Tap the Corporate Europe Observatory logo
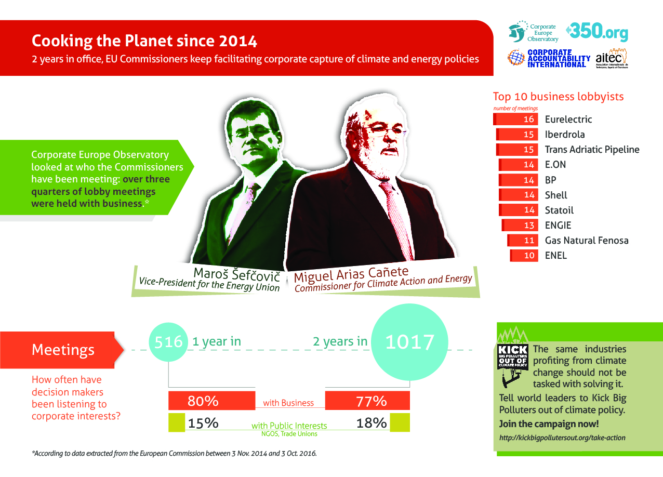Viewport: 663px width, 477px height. pyautogui.click(x=533, y=32)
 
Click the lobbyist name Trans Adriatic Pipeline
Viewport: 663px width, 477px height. pyautogui.click(x=592, y=150)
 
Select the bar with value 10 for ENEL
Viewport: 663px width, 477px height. pyautogui.click(x=524, y=256)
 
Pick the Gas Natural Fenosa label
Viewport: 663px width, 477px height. pyautogui.click(x=586, y=240)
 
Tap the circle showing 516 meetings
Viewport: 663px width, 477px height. pyautogui.click(x=167, y=341)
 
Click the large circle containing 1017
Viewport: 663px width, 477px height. pyautogui.click(x=409, y=342)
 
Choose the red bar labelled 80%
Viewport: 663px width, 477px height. pyautogui.click(x=211, y=401)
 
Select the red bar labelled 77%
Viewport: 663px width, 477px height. pyautogui.click(x=367, y=401)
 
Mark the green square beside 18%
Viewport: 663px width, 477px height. pyautogui.click(x=400, y=422)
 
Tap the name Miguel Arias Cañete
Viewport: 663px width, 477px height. pyautogui.click(x=351, y=272)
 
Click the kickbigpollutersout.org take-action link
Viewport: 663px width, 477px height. pyautogui.click(x=562, y=438)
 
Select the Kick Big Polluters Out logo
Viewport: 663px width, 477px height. pyautogui.click(x=513, y=364)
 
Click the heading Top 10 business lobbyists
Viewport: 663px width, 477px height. pyautogui.click(x=558, y=97)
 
